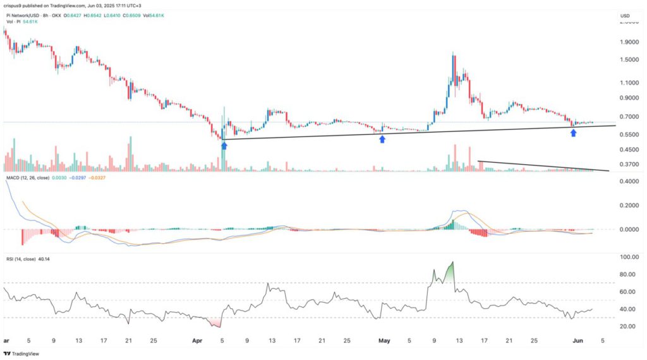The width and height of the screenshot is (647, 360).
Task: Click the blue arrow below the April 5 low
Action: (x=224, y=145)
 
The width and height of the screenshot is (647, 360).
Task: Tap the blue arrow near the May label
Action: (x=382, y=138)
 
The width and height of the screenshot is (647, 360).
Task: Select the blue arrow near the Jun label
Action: (x=574, y=133)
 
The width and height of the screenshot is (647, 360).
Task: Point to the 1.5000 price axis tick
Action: (x=629, y=60)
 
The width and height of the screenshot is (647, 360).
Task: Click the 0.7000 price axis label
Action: (x=629, y=117)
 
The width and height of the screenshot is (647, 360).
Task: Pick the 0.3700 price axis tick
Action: (x=629, y=164)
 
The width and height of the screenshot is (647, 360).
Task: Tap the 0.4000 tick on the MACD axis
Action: (x=629, y=182)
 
